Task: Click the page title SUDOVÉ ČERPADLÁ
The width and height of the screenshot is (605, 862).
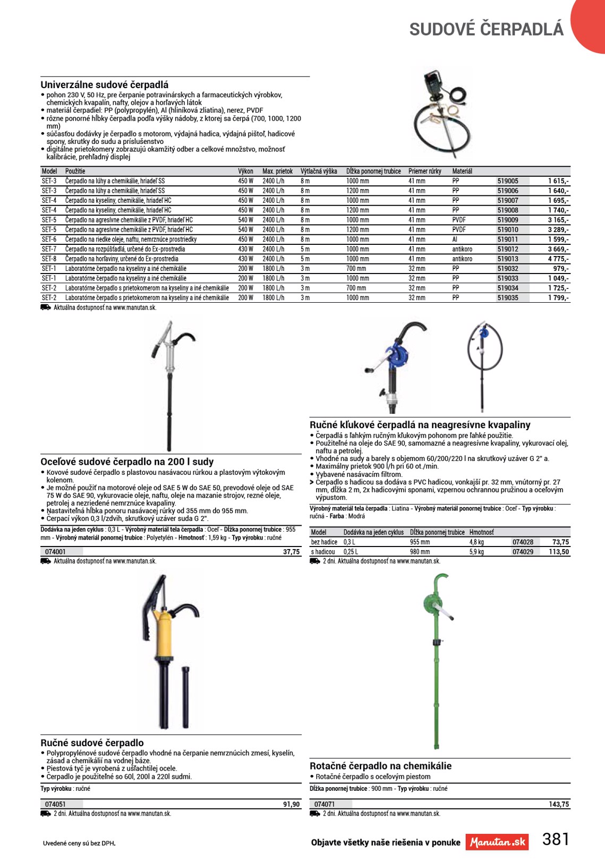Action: click(x=486, y=29)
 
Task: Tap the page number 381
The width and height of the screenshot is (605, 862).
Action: click(x=556, y=839)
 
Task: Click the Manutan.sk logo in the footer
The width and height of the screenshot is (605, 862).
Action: click(x=497, y=842)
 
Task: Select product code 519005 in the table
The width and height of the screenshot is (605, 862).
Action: click(x=508, y=181)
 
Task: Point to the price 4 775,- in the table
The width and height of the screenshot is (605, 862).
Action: click(x=558, y=259)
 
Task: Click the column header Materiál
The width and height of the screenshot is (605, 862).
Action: click(x=462, y=171)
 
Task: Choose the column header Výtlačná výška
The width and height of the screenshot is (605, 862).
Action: click(x=319, y=171)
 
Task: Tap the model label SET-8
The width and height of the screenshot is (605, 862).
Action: click(x=49, y=259)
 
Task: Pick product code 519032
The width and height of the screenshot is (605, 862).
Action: click(x=508, y=269)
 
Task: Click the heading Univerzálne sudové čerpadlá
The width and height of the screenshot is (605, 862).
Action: click(x=105, y=84)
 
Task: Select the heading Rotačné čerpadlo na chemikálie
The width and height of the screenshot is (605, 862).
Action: click(x=380, y=766)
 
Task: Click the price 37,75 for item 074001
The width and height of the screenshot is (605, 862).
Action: click(x=291, y=552)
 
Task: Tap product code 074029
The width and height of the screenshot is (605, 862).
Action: click(x=523, y=552)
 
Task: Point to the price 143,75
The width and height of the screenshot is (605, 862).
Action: click(x=559, y=804)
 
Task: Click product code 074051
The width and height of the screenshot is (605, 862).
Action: click(x=55, y=804)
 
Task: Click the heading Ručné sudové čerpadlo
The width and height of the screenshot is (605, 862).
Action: click(x=92, y=742)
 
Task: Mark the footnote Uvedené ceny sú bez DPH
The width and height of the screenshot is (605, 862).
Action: click(x=79, y=843)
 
